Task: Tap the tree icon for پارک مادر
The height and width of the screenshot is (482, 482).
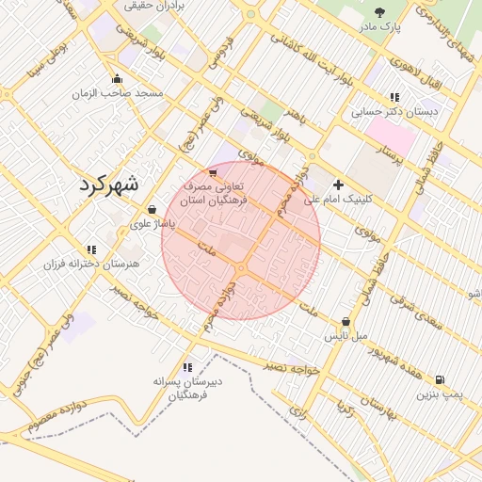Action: pyautogui.click(x=380, y=12)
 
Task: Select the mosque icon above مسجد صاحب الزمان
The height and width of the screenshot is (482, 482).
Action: pyautogui.click(x=117, y=79)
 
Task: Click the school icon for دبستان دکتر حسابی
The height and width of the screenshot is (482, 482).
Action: pyautogui.click(x=394, y=97)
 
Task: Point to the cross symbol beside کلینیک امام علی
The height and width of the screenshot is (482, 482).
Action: pyautogui.click(x=338, y=185)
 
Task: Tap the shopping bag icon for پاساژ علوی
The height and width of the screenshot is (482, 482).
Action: pyautogui.click(x=153, y=209)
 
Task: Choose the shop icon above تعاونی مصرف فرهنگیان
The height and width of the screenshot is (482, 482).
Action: pyautogui.click(x=213, y=172)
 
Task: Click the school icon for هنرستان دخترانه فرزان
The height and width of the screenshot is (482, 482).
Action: pyautogui.click(x=90, y=249)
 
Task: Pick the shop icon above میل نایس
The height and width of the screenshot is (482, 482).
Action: pyautogui.click(x=346, y=321)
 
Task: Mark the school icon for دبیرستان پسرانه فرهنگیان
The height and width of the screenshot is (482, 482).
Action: pyautogui.click(x=187, y=367)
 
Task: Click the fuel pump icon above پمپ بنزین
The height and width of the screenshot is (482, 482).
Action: pyautogui.click(x=439, y=380)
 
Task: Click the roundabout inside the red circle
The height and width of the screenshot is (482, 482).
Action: pyautogui.click(x=242, y=269)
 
